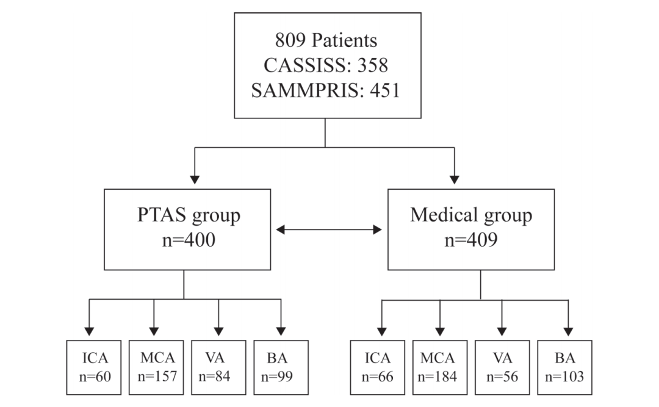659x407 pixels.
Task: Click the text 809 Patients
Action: click(326, 40)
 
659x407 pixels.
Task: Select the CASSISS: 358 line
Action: click(326, 65)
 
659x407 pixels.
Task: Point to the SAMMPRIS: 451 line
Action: click(326, 90)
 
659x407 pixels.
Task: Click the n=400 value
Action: click(189, 240)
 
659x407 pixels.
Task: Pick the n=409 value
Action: click(471, 240)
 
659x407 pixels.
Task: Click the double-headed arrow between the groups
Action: click(329, 229)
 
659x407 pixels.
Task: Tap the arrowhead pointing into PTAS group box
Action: click(195, 179)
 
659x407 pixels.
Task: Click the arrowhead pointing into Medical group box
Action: click(455, 179)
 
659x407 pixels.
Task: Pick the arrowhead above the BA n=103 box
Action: click(568, 331)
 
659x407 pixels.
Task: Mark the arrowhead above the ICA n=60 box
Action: click(89, 331)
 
